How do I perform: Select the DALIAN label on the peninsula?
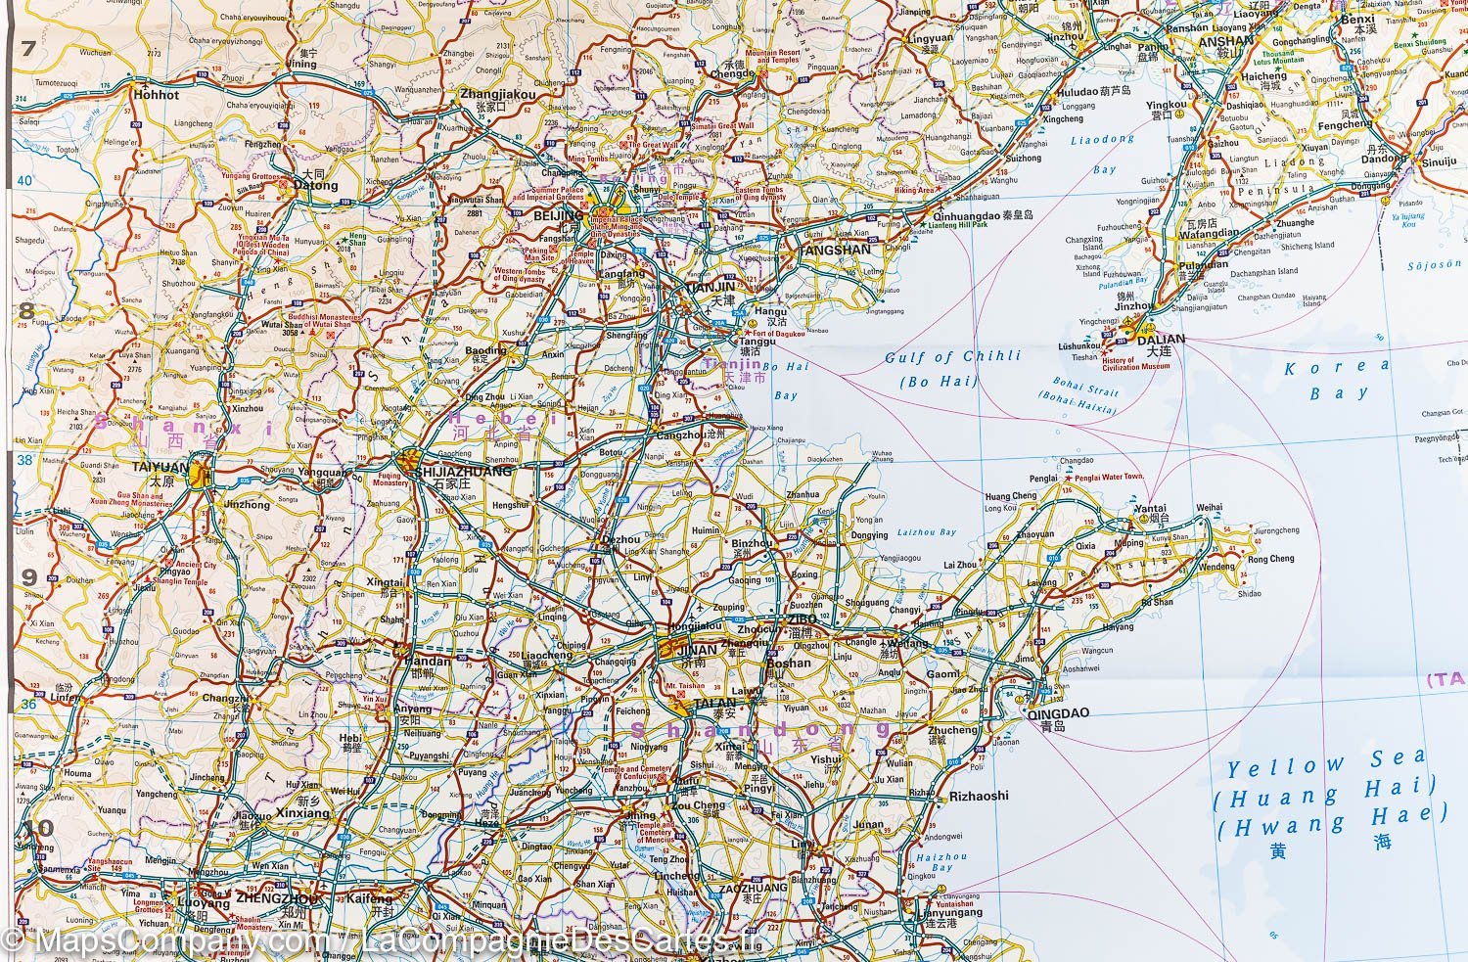1161,339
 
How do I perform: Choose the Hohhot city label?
158,95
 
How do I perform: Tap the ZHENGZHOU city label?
277,897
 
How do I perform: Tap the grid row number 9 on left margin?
28,577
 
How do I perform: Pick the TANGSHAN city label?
834,250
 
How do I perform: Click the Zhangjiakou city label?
497,94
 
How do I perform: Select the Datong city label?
315,185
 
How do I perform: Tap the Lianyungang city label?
947,912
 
